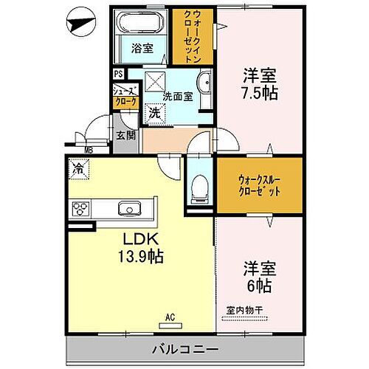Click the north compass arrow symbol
coord(80,25)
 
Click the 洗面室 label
coord(177,95)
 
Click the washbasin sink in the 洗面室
coord(204,83)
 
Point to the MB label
coord(89,151)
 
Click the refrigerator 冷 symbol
coord(79,168)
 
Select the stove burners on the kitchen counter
coord(80,209)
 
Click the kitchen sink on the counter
coord(131,207)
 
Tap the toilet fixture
coord(198,190)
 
